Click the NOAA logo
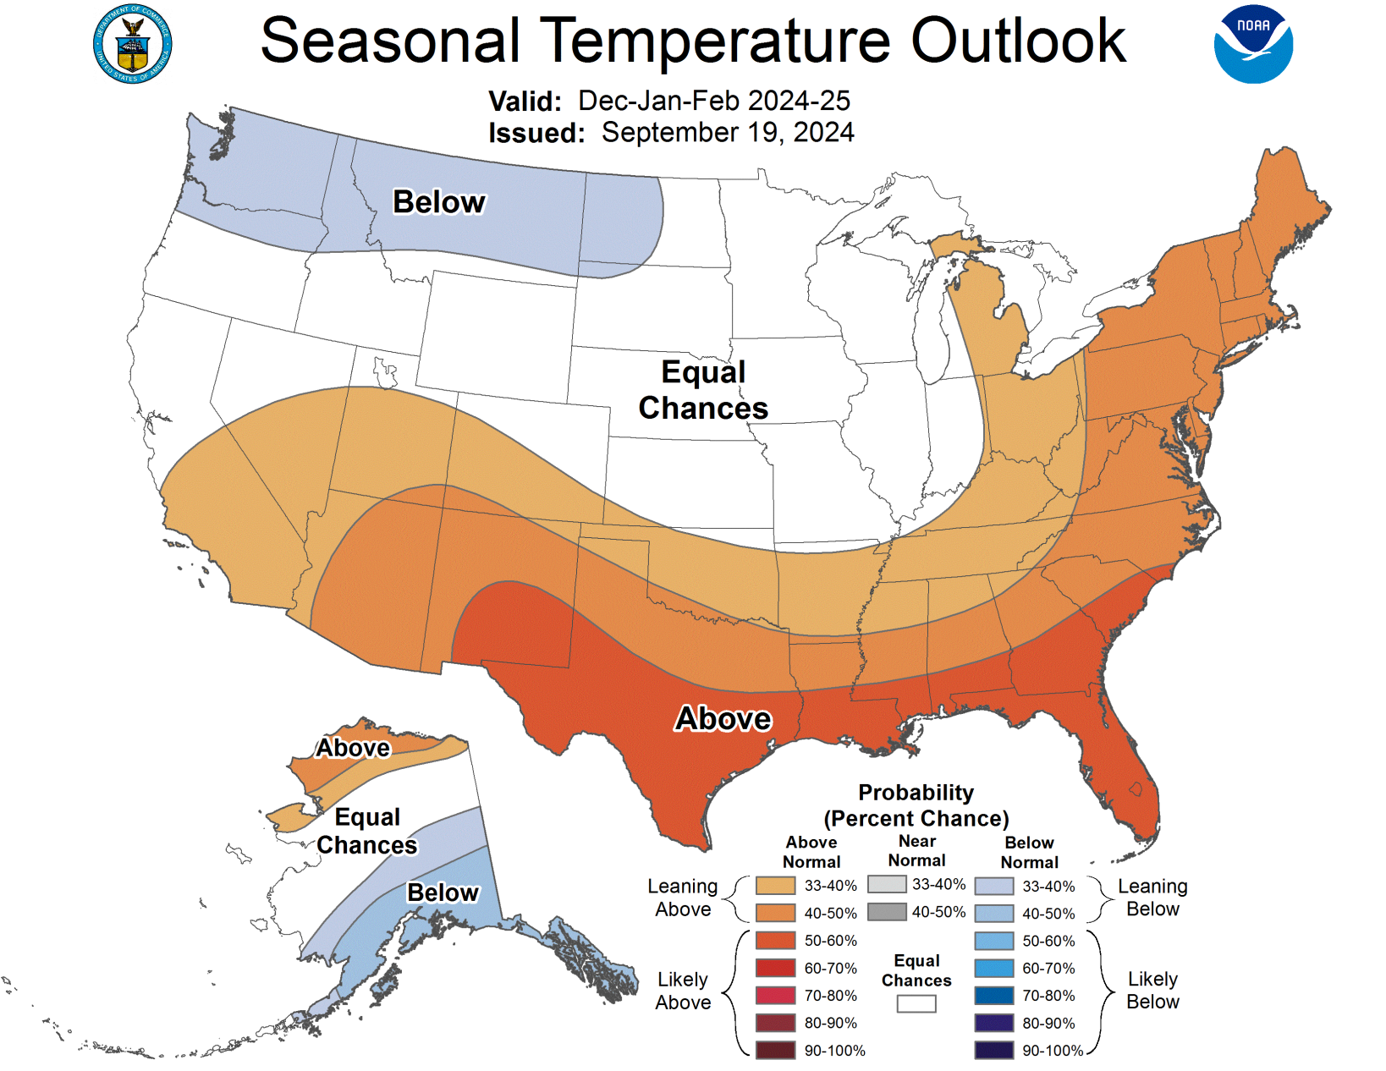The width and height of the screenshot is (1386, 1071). pyautogui.click(x=1253, y=45)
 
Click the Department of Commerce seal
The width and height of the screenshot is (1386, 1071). pyautogui.click(x=133, y=45)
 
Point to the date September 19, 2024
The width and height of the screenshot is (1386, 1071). pyautogui.click(x=728, y=133)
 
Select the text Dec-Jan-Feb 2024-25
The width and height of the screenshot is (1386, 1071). pyautogui.click(x=714, y=101)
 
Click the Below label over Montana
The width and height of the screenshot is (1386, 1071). pyautogui.click(x=439, y=202)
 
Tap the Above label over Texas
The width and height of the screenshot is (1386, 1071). pyautogui.click(x=723, y=718)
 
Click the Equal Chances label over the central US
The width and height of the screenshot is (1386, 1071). pyautogui.click(x=703, y=390)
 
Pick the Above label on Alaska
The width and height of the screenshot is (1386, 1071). pyautogui.click(x=353, y=748)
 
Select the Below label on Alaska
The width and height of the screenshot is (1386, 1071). pyautogui.click(x=443, y=892)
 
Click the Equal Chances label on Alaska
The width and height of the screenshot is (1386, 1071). pyautogui.click(x=367, y=831)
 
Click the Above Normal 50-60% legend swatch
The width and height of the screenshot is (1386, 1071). pyautogui.click(x=775, y=941)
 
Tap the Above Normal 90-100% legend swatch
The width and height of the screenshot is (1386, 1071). pyautogui.click(x=775, y=1051)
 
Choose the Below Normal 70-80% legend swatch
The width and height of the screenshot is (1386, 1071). pyautogui.click(x=993, y=996)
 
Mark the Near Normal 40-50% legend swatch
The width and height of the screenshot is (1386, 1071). pyautogui.click(x=886, y=912)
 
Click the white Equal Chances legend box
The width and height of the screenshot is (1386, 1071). pyautogui.click(x=916, y=1004)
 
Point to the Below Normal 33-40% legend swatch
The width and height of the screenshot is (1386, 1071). pyautogui.click(x=993, y=887)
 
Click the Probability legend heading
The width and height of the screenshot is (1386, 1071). pyautogui.click(x=916, y=805)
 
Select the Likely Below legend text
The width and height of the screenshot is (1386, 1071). pyautogui.click(x=1152, y=991)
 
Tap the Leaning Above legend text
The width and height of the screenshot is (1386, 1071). pyautogui.click(x=683, y=898)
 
